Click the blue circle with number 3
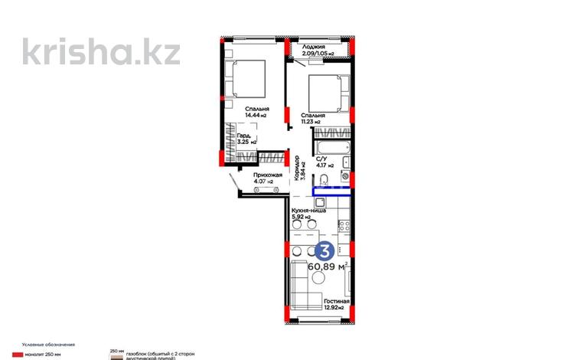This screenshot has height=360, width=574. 325,250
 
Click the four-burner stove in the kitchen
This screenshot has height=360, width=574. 344,226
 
